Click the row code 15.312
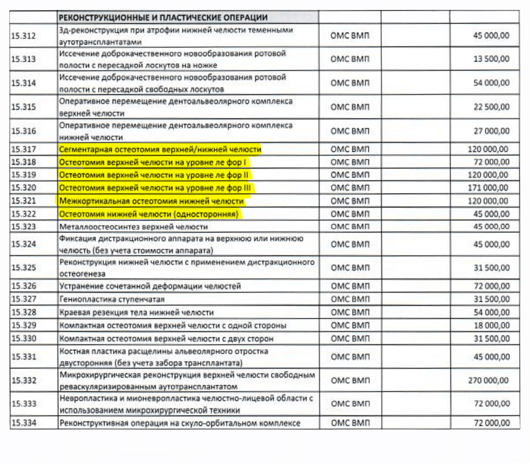coord(24,36)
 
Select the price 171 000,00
coord(488,188)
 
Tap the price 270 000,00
coord(488,380)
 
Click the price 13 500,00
coord(491,59)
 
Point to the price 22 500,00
coord(491,107)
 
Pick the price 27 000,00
coord(491,131)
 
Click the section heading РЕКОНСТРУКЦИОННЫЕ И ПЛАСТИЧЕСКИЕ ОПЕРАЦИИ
coord(163,18)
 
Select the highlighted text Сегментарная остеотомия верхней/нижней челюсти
coord(160,150)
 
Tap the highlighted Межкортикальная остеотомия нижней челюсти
coord(151,201)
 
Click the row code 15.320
coord(24,188)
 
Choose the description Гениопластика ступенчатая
coord(112,299)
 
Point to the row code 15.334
coord(24,423)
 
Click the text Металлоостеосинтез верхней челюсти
coord(133,227)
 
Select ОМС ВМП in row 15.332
coord(350,381)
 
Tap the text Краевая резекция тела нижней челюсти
coord(136,312)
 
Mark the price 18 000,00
coord(492,325)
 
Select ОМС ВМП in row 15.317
coord(350,149)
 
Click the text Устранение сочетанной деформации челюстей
coord(150,286)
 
